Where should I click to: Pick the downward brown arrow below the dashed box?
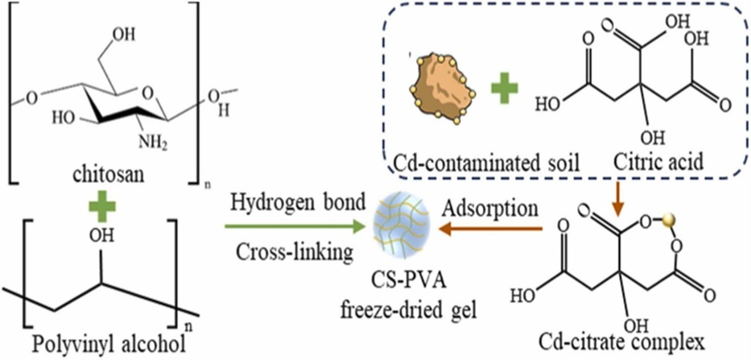tap(617, 197)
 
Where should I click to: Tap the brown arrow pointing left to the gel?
tap(492, 230)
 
